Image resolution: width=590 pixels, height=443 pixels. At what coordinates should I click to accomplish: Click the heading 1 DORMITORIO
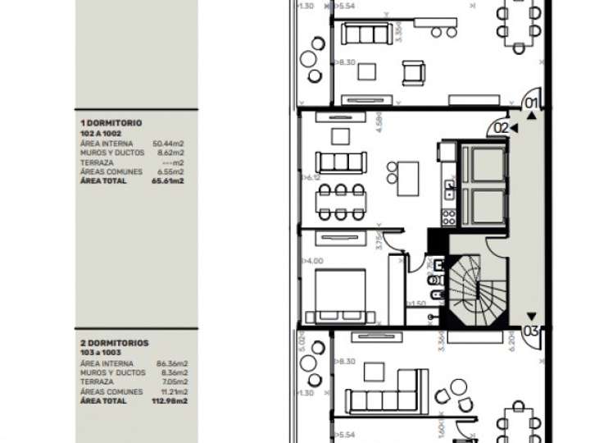(111, 123)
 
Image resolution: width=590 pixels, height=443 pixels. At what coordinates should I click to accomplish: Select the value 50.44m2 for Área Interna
(168, 143)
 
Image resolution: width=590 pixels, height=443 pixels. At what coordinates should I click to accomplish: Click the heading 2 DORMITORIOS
(114, 343)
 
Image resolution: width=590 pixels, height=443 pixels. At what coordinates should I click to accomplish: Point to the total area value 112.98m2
(170, 401)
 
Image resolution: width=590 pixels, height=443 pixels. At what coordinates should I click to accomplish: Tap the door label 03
(531, 331)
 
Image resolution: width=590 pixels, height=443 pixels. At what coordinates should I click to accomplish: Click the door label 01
(531, 103)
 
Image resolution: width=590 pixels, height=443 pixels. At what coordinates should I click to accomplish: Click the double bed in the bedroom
(342, 294)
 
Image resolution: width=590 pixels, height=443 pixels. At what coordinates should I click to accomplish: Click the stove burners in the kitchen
(449, 217)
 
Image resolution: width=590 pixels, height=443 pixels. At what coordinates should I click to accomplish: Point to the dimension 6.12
(312, 177)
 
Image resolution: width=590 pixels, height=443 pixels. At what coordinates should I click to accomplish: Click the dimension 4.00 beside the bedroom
(314, 261)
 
